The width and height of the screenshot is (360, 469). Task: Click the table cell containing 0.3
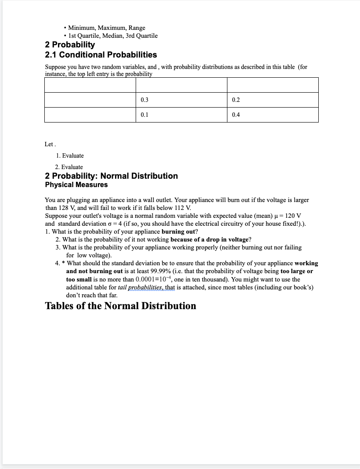tap(181, 100)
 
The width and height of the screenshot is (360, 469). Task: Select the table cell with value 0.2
tap(273, 100)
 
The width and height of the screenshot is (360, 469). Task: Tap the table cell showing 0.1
tap(181, 115)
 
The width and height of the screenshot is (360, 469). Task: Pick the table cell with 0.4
tap(273, 115)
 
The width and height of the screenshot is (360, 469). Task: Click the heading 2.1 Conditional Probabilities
tap(101, 55)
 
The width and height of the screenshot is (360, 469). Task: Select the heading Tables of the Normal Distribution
tap(121, 306)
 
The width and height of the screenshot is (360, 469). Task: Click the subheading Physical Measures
tap(76, 185)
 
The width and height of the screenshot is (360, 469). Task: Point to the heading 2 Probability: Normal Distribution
tap(112, 176)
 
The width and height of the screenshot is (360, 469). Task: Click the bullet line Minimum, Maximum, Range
tap(107, 28)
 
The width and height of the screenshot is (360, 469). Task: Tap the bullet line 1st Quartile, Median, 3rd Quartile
tap(113, 36)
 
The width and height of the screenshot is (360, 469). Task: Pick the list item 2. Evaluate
tap(69, 167)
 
